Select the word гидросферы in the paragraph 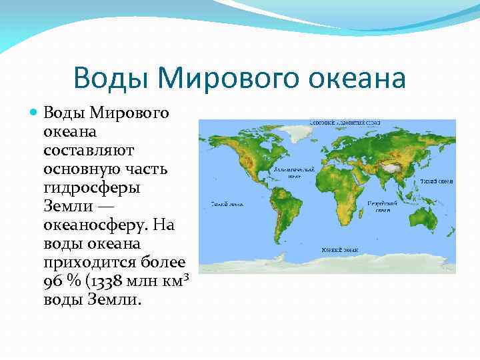click(x=93, y=188)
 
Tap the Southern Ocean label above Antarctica click(x=340, y=249)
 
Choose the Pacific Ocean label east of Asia click(x=437, y=181)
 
